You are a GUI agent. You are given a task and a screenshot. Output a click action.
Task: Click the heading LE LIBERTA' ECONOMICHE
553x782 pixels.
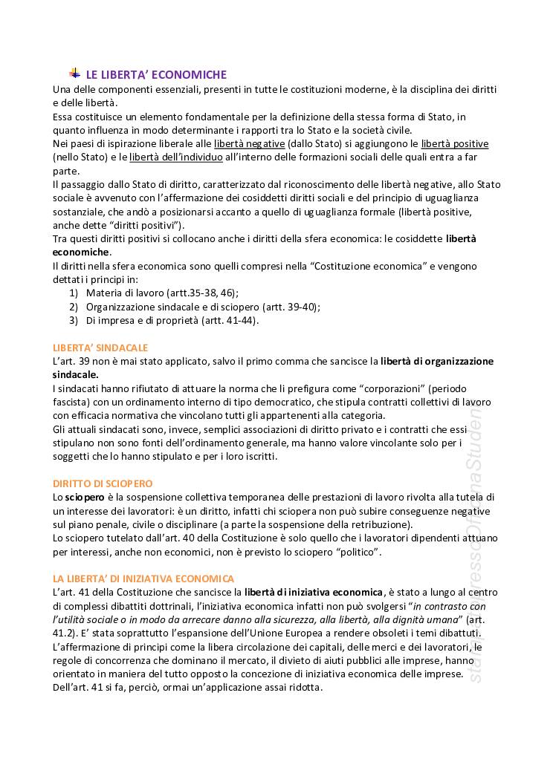[x=156, y=74]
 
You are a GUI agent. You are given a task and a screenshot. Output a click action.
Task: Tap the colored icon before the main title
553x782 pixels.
[x=75, y=73]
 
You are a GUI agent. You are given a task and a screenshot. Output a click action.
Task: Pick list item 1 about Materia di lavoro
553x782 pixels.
[x=162, y=293]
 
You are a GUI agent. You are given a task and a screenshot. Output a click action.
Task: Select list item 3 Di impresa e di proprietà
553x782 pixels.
[x=172, y=320]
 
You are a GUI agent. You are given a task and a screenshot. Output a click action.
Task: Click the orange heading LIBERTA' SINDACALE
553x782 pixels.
[x=100, y=348]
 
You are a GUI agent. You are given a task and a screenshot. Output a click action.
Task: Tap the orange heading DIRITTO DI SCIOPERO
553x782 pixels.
[x=103, y=483]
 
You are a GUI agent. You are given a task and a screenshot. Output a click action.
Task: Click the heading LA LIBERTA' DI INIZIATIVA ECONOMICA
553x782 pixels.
[x=143, y=578]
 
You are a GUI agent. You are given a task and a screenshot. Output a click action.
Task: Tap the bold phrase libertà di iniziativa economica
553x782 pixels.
[x=314, y=592]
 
